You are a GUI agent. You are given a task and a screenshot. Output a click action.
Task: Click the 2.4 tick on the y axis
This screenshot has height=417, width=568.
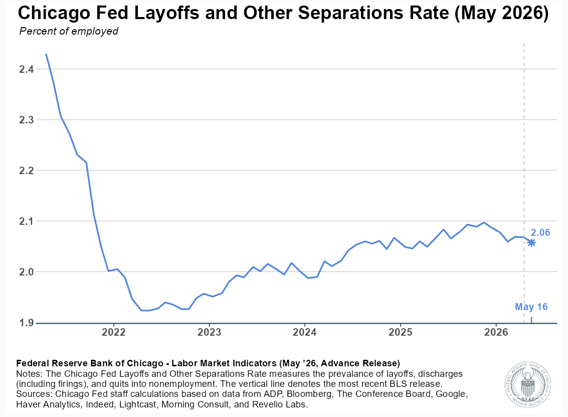26,69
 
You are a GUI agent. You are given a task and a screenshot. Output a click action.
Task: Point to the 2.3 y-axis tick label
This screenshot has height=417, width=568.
26,119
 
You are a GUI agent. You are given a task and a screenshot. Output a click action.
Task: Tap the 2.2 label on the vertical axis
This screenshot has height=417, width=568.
26,171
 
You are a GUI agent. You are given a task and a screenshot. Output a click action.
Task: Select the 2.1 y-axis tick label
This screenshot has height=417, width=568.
26,221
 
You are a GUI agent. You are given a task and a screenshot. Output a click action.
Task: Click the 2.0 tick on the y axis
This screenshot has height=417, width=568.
26,272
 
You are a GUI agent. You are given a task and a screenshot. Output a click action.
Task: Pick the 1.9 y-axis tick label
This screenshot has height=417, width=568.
26,322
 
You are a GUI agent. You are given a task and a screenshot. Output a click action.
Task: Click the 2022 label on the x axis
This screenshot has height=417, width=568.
113,332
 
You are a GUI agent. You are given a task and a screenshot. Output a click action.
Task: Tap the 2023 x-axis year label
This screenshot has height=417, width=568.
209,332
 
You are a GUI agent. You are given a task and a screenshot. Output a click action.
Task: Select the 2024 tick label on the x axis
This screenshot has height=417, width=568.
305,332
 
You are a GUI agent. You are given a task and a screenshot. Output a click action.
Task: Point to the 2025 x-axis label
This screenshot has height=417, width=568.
400,332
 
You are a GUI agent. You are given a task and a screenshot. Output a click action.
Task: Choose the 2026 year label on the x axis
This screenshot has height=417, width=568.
496,332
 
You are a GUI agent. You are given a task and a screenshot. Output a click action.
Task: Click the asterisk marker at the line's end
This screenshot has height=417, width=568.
531,242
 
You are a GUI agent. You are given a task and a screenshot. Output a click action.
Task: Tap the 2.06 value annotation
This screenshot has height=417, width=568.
540,232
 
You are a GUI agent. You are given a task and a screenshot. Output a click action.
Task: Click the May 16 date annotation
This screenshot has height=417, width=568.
531,307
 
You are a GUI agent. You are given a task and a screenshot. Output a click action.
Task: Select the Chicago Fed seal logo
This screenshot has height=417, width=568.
528,384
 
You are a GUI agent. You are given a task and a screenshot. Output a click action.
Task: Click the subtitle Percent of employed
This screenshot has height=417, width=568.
69,32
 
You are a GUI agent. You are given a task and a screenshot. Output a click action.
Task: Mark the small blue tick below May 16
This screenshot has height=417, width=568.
531,320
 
